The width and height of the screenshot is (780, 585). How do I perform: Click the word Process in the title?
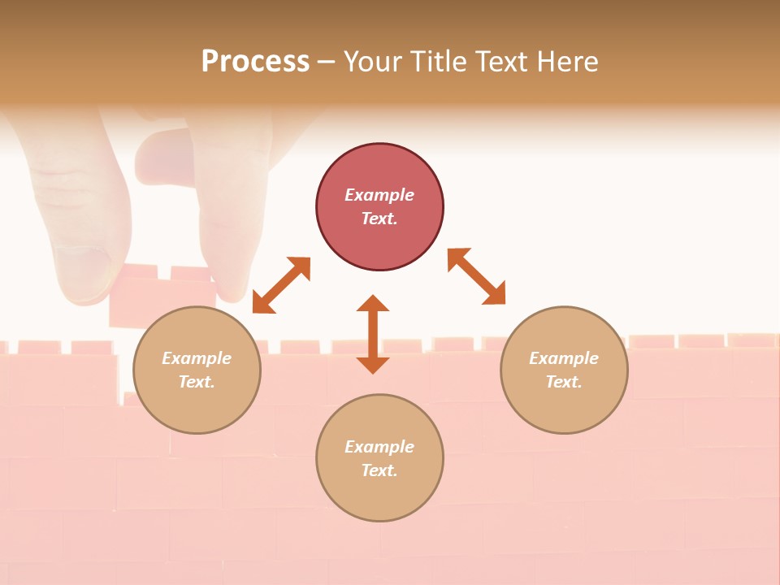(255, 62)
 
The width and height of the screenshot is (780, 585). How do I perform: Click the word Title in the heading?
(436, 62)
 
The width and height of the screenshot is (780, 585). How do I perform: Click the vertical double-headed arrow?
(373, 334)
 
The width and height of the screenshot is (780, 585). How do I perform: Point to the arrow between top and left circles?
(281, 285)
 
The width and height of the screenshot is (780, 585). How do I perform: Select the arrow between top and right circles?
(477, 276)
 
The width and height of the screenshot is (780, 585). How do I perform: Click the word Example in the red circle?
(379, 195)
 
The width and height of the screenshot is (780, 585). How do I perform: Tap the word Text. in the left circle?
(197, 382)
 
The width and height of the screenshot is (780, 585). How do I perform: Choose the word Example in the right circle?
(564, 358)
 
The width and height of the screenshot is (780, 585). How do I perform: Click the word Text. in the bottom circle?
(379, 470)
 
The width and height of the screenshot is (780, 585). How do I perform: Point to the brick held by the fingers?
(158, 297)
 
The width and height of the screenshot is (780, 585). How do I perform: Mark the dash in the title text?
(327, 62)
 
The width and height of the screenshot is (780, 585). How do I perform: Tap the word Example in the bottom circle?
(379, 447)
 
